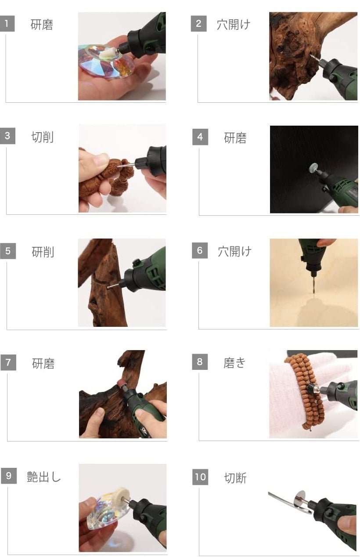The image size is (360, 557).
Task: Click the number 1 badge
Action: [x=7, y=24]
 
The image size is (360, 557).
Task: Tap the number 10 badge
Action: [x=200, y=477]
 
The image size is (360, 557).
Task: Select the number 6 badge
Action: [x=200, y=250]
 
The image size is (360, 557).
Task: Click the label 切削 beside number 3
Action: [x=43, y=137]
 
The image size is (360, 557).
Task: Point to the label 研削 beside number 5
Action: [x=43, y=252]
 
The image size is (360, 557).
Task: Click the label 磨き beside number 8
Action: [x=234, y=363]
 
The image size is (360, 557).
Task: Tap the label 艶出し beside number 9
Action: [x=44, y=477]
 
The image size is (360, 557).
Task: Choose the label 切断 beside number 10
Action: [x=235, y=478]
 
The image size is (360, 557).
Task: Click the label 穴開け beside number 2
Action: [x=234, y=25]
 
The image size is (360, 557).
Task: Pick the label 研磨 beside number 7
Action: [x=43, y=364]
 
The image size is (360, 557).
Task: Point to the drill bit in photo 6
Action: [x=314, y=285]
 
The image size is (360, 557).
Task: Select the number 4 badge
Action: [x=200, y=137]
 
